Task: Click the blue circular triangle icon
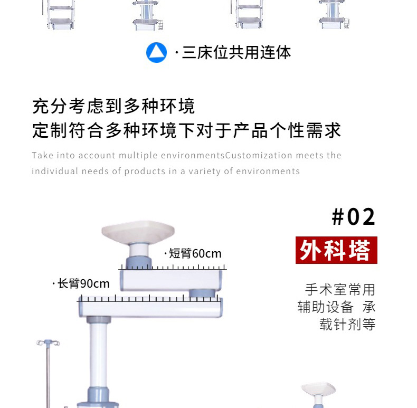(x=156, y=52)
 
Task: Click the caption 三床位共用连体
(x=236, y=52)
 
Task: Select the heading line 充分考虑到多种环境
(x=113, y=106)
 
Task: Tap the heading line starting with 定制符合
(x=186, y=130)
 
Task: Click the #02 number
(x=354, y=217)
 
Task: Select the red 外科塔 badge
(x=336, y=250)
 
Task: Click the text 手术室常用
(x=340, y=289)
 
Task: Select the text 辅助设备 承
(x=336, y=307)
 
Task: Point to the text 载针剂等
(x=347, y=324)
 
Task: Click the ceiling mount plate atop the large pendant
(x=138, y=232)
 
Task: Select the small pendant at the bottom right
(x=319, y=394)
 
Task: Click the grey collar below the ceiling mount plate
(x=139, y=250)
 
